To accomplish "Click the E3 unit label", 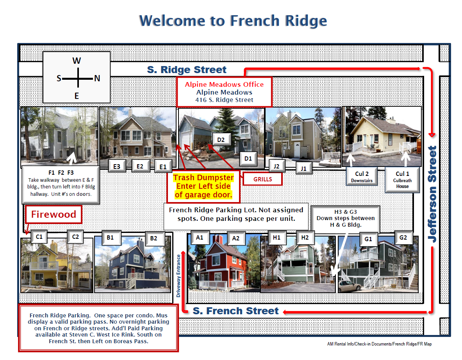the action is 117,166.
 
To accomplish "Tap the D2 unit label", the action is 221,140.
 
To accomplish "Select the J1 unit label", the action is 303,168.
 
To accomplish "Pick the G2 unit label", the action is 403,238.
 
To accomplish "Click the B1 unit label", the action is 110,238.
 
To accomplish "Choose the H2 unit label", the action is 305,238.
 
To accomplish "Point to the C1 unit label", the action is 39,237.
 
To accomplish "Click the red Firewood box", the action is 54,214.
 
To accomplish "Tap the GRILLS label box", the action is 262,179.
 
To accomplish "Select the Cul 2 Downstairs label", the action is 362,177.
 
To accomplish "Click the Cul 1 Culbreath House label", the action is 402,180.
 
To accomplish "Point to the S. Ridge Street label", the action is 187,70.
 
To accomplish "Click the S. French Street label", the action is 235,311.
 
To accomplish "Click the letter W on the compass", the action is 77,61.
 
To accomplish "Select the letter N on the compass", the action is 97,79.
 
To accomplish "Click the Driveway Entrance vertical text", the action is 178,276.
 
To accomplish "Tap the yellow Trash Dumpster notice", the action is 203,186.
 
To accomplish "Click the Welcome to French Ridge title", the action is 233,21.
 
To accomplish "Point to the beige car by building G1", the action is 350,286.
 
